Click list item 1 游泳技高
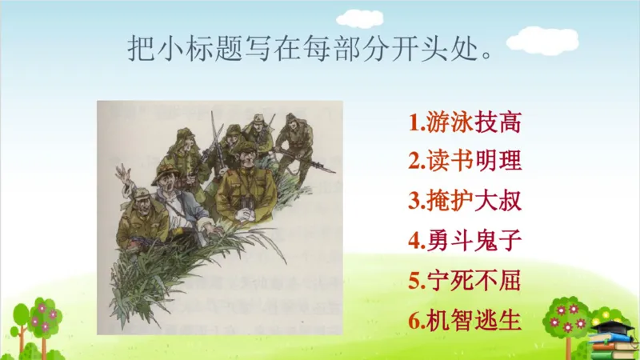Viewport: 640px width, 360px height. (465, 123)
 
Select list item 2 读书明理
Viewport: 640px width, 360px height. (465, 162)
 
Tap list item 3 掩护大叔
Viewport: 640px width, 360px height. (465, 202)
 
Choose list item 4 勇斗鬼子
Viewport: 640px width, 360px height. (465, 241)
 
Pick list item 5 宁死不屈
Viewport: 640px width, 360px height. (465, 280)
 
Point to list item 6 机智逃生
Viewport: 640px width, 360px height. (465, 320)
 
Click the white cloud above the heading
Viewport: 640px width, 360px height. (358, 17)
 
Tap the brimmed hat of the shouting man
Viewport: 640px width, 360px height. (166, 175)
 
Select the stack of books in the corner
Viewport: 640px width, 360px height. (612, 346)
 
